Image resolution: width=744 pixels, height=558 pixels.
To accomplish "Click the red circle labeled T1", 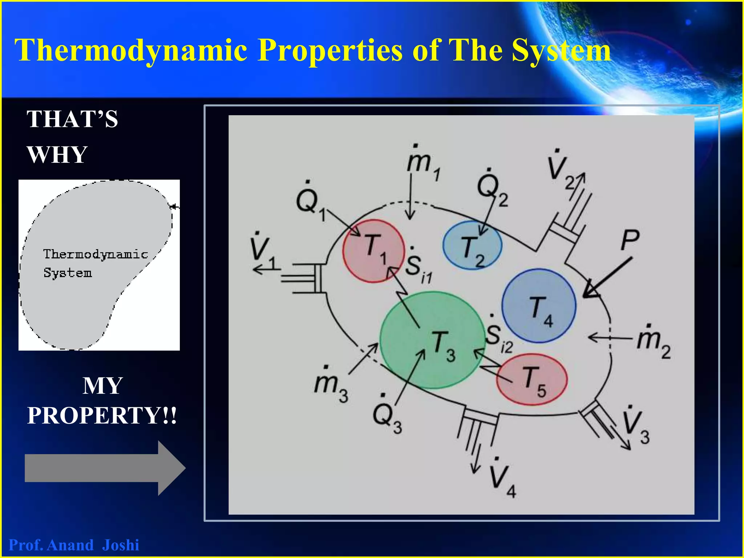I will (373, 251).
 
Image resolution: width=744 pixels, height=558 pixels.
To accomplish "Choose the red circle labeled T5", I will (531, 380).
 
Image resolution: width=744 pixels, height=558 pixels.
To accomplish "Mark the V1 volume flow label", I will (263, 251).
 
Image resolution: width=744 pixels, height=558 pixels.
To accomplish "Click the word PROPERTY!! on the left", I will (102, 415).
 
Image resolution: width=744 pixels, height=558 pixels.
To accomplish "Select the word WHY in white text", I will (57, 155).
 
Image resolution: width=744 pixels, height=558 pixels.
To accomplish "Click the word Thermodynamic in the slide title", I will (131, 50).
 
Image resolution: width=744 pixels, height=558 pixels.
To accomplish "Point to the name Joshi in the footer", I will (121, 545).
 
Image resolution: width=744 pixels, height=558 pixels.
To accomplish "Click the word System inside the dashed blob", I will (68, 273).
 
